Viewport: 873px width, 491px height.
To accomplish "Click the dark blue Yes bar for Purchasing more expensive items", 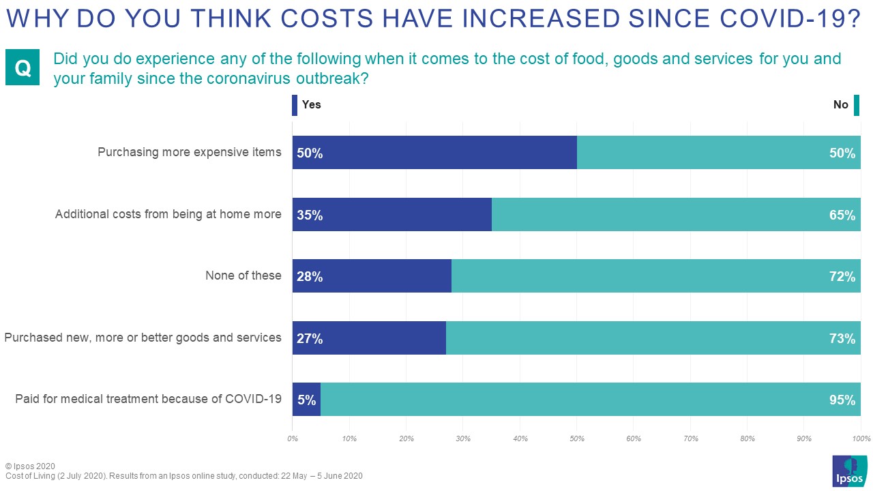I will tap(434, 152).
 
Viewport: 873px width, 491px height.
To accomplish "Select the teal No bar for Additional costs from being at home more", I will tap(675, 214).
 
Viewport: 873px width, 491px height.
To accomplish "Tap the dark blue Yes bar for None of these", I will tap(372, 276).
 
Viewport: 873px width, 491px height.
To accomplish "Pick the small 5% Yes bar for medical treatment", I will tap(306, 400).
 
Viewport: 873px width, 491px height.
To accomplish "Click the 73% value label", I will tap(842, 338).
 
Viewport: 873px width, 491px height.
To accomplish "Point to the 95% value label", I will tap(842, 400).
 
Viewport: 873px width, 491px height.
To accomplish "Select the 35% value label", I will tap(310, 215).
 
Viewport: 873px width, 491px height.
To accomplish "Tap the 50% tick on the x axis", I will tap(576, 438).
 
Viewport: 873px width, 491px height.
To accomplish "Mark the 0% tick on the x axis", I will tap(293, 438).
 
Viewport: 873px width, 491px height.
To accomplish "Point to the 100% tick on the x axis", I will tap(861, 438).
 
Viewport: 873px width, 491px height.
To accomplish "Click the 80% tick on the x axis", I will tap(747, 438).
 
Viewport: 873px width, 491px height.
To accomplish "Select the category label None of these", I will tap(243, 276).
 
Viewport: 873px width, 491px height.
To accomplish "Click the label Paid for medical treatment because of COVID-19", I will tap(148, 399).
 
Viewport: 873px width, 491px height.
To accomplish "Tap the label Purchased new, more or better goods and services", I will tap(143, 338).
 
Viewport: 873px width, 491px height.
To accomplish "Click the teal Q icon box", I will tap(23, 68).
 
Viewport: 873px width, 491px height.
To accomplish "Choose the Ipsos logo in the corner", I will tap(849, 471).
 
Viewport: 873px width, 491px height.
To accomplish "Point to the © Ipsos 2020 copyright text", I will tap(30, 466).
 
